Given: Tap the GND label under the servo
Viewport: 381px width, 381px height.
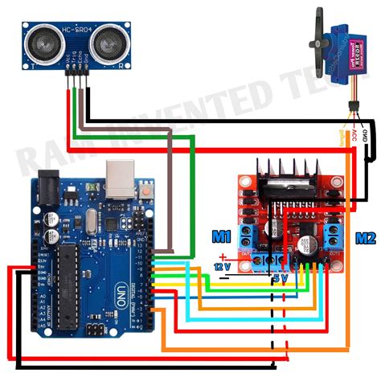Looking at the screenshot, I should [x=363, y=129].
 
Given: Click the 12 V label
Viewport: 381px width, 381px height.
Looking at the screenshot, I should [x=222, y=265].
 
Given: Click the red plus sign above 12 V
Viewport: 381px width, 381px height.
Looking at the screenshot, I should [x=223, y=256].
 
